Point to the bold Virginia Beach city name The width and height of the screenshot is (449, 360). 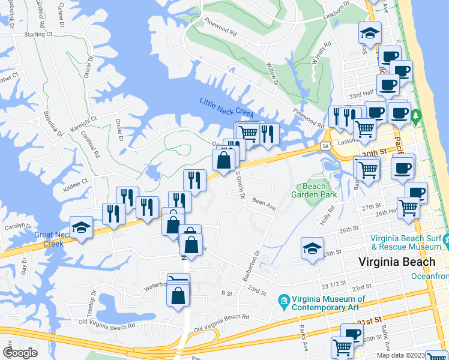[396, 262]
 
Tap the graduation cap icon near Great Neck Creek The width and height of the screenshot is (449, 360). [82, 227]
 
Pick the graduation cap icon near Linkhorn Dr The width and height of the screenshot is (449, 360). [370, 32]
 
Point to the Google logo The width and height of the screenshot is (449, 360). [20, 352]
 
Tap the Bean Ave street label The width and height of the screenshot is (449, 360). [264, 204]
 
